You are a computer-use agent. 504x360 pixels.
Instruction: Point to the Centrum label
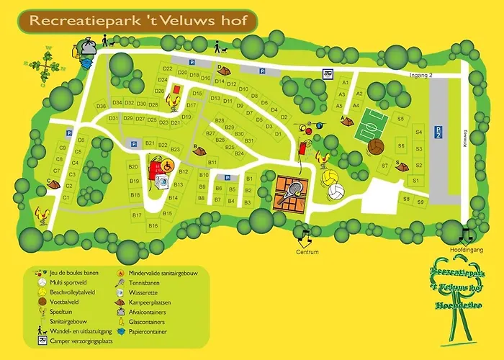(307, 252)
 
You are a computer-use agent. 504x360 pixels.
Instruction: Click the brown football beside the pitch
(377, 147)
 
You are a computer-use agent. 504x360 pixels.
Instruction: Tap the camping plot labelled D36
(101, 106)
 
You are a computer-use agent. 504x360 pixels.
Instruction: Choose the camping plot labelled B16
(153, 226)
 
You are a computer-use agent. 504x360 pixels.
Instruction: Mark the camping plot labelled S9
(425, 202)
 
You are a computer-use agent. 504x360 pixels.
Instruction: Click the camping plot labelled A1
(344, 83)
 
